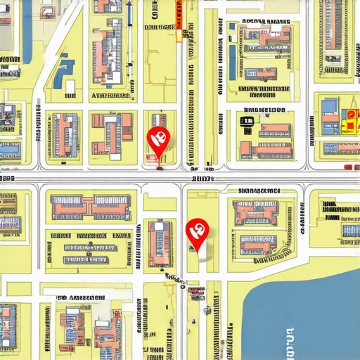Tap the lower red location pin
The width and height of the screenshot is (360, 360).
pyautogui.click(x=196, y=231)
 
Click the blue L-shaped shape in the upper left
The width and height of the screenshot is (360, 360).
pyautogui.click(x=65, y=70)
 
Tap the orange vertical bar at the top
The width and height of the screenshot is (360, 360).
pyautogui.click(x=179, y=21)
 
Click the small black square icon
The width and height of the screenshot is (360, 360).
pyautogui.click(x=247, y=120)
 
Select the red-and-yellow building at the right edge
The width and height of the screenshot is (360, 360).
pyautogui.click(x=349, y=121)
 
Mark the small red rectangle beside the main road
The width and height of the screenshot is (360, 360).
pyautogui.click(x=352, y=167)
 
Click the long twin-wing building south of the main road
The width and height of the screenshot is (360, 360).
pyautogui.click(x=90, y=207)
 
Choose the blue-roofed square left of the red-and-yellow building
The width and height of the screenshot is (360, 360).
pyautogui.click(x=330, y=107)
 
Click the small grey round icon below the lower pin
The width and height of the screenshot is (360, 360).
pyautogui.click(x=207, y=310)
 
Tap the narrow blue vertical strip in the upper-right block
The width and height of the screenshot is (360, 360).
pyautogui.click(x=232, y=62)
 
